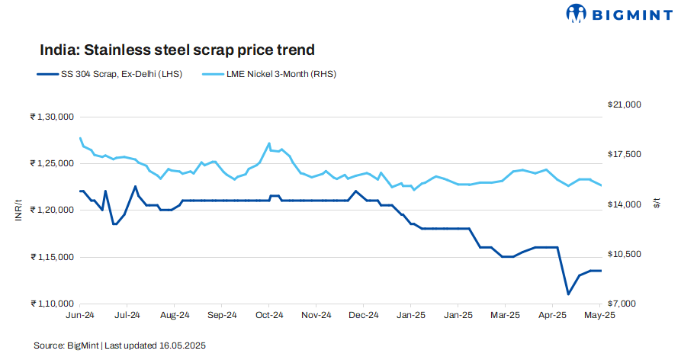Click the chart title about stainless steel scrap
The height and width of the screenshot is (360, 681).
click(x=177, y=50)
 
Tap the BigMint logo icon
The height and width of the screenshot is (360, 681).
click(x=577, y=14)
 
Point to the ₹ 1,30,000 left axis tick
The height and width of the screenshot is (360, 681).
click(x=51, y=117)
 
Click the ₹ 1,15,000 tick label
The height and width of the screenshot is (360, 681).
click(x=51, y=257)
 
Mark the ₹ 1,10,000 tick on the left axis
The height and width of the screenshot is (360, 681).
click(x=51, y=304)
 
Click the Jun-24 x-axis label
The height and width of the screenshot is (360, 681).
click(x=80, y=314)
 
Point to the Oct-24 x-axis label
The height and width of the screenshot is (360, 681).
click(x=269, y=314)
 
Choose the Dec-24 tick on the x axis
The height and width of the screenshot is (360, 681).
click(x=364, y=314)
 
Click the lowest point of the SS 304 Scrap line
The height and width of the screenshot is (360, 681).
click(x=567, y=294)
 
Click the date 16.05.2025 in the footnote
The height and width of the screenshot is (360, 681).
click(x=181, y=346)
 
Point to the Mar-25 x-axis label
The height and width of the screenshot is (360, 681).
click(x=505, y=314)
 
